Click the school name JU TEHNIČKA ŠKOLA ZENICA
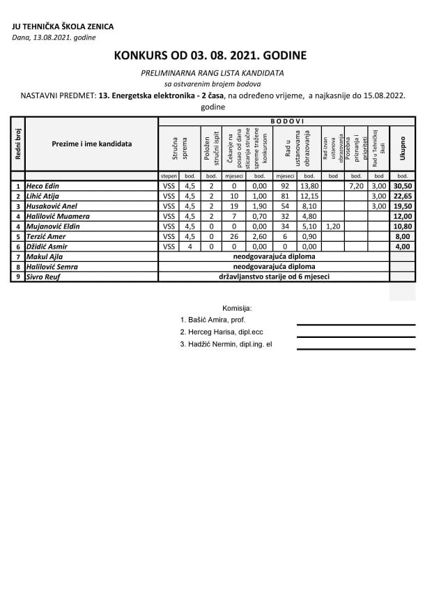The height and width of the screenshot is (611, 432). pyautogui.click(x=63, y=27)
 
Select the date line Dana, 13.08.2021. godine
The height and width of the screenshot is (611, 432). pyautogui.click(x=54, y=38)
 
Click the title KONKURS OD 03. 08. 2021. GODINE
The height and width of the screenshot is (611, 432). pyautogui.click(x=210, y=55)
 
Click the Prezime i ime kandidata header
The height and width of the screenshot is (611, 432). pyautogui.click(x=91, y=144)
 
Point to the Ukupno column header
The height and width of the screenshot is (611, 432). pyautogui.click(x=402, y=148)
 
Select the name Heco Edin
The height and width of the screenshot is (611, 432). pyautogui.click(x=43, y=186)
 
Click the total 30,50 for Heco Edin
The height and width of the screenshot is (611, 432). pyautogui.click(x=402, y=186)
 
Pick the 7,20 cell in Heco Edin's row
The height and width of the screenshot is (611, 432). pyautogui.click(x=356, y=186)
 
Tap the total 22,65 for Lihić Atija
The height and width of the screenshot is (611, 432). pyautogui.click(x=402, y=196)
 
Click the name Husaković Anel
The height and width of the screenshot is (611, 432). pyautogui.click(x=52, y=206)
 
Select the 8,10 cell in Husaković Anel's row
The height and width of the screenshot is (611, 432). pyautogui.click(x=310, y=206)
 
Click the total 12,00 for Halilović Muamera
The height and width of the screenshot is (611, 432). pyautogui.click(x=402, y=216)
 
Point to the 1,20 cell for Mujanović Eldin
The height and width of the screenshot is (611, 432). pyautogui.click(x=333, y=226)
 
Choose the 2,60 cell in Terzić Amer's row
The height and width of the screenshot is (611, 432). pyautogui.click(x=259, y=236)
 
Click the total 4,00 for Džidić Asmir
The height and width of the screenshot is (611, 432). pyautogui.click(x=402, y=247)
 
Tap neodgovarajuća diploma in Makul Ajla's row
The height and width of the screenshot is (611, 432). pyautogui.click(x=274, y=256)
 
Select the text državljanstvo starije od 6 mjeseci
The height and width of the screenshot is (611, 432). pyautogui.click(x=274, y=277)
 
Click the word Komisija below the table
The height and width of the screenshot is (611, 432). pyautogui.click(x=237, y=308)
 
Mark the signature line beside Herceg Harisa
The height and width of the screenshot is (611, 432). pyautogui.click(x=355, y=337)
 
